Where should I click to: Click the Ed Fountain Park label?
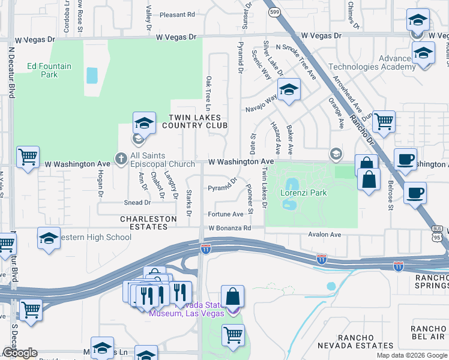click(x=41, y=70)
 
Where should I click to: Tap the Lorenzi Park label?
click(x=303, y=193)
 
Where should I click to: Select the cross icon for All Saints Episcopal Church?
click(x=121, y=159)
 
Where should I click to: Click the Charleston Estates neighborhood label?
click(x=148, y=223)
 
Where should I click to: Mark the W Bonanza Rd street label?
click(x=229, y=229)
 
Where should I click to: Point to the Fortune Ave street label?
click(x=225, y=214)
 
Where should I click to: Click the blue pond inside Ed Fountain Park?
click(x=92, y=75)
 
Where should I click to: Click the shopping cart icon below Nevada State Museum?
click(x=234, y=335)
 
